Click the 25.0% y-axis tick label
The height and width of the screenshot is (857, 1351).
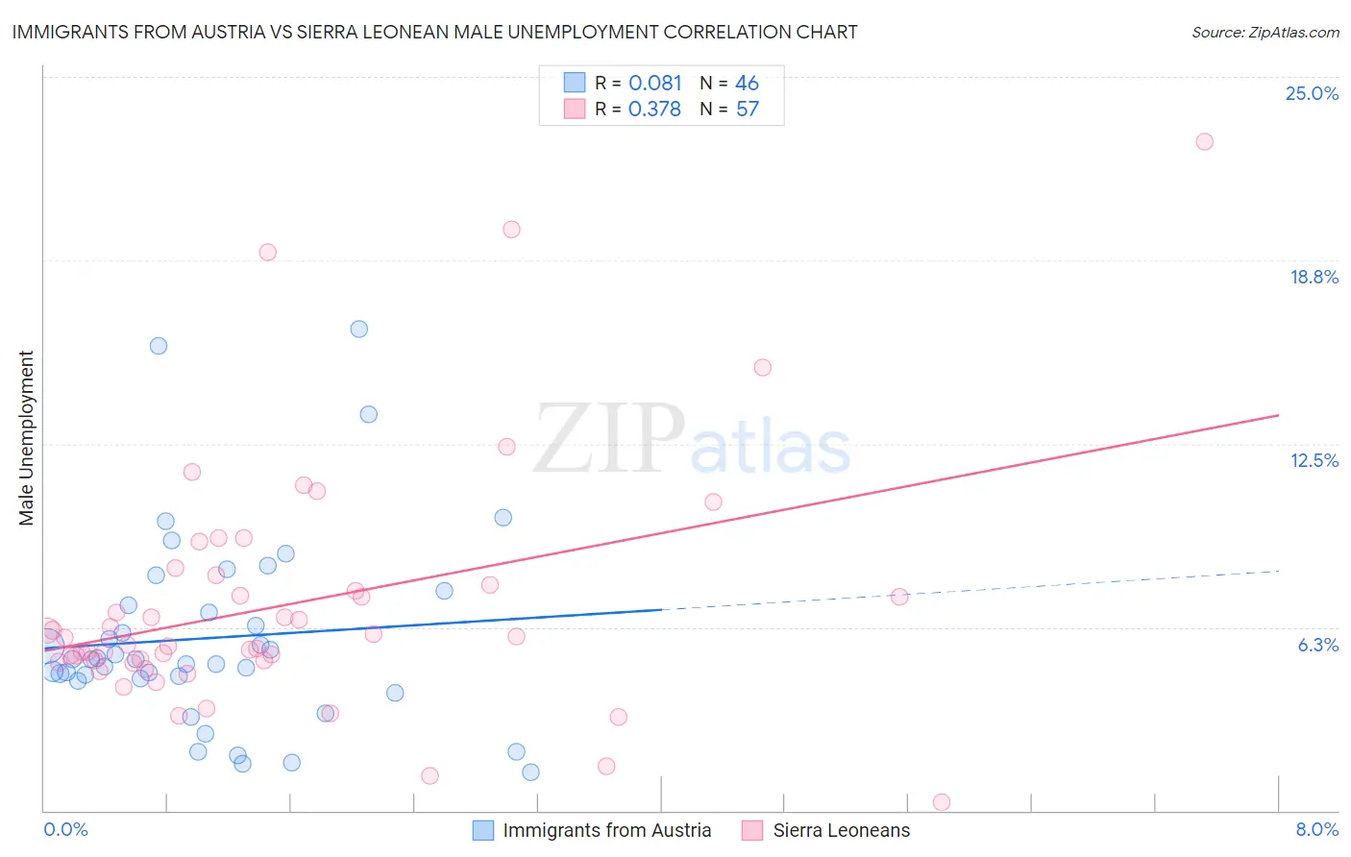[x=1312, y=93]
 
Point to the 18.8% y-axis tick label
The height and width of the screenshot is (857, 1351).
[x=1314, y=277]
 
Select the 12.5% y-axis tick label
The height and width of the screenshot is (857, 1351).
[x=1314, y=460]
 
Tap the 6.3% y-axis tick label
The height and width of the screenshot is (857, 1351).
[x=1317, y=645]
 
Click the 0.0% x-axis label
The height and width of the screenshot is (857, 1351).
[x=65, y=829]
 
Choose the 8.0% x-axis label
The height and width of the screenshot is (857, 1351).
[x=1316, y=829]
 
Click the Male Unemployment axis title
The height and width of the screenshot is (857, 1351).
[x=26, y=438]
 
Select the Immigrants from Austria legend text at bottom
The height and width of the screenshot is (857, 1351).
[x=606, y=830]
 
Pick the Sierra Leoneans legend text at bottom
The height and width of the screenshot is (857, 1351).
[x=841, y=830]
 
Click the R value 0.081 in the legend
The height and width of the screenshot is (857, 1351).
[x=654, y=83]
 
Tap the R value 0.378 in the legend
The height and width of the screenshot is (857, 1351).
[x=654, y=109]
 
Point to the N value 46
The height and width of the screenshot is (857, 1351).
[x=747, y=83]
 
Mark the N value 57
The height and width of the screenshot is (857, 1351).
[x=747, y=109]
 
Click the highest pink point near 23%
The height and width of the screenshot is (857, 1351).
[x=1204, y=141]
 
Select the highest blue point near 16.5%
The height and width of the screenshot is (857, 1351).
[x=359, y=329]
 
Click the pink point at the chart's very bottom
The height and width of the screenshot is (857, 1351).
[x=942, y=802]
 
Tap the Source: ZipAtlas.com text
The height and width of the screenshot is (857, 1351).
[x=1265, y=33]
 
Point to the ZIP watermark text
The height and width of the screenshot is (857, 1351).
[x=609, y=439]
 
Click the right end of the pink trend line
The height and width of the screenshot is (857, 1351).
[x=1278, y=415]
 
